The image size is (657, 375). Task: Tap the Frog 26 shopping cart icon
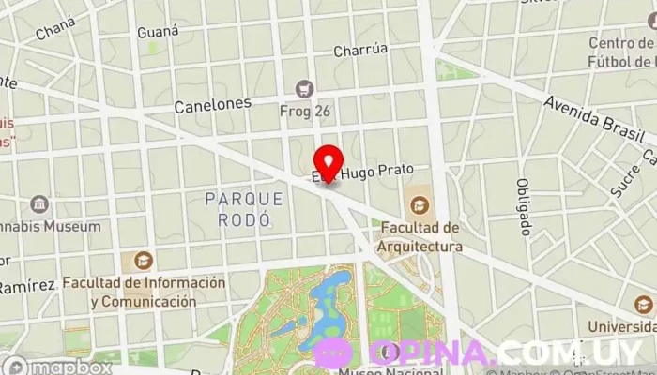303,89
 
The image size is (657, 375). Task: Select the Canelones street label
212,106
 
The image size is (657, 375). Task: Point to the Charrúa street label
361,51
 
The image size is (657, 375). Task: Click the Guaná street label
158,32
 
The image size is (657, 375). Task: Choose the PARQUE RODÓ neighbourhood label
243,208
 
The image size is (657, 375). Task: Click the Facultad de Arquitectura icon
419,202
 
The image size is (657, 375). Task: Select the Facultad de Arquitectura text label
420,237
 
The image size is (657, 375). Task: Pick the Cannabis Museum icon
39,204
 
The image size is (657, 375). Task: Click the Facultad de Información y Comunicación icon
144,261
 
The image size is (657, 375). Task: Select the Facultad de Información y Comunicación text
145,292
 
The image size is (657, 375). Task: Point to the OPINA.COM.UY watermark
479,352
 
